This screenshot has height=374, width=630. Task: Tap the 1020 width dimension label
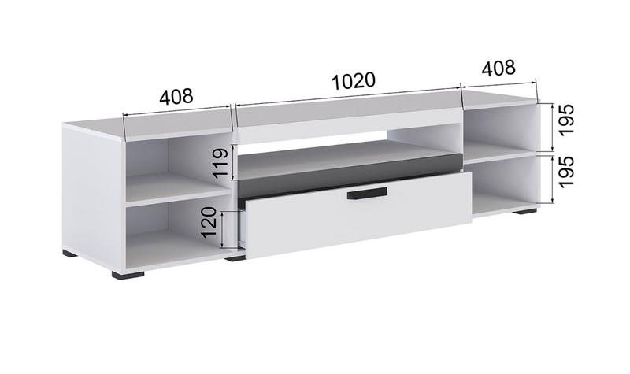tap(354, 82)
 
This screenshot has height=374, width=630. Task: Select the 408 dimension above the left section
tap(176, 96)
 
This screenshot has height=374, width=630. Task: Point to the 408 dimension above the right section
tap(498, 68)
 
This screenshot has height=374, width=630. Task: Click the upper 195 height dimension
tap(565, 120)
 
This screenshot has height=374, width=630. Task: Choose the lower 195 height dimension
tap(565, 172)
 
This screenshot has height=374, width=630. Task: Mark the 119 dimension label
tap(220, 164)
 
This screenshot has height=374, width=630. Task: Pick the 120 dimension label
tap(209, 223)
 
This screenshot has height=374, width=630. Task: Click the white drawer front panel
tap(359, 216)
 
